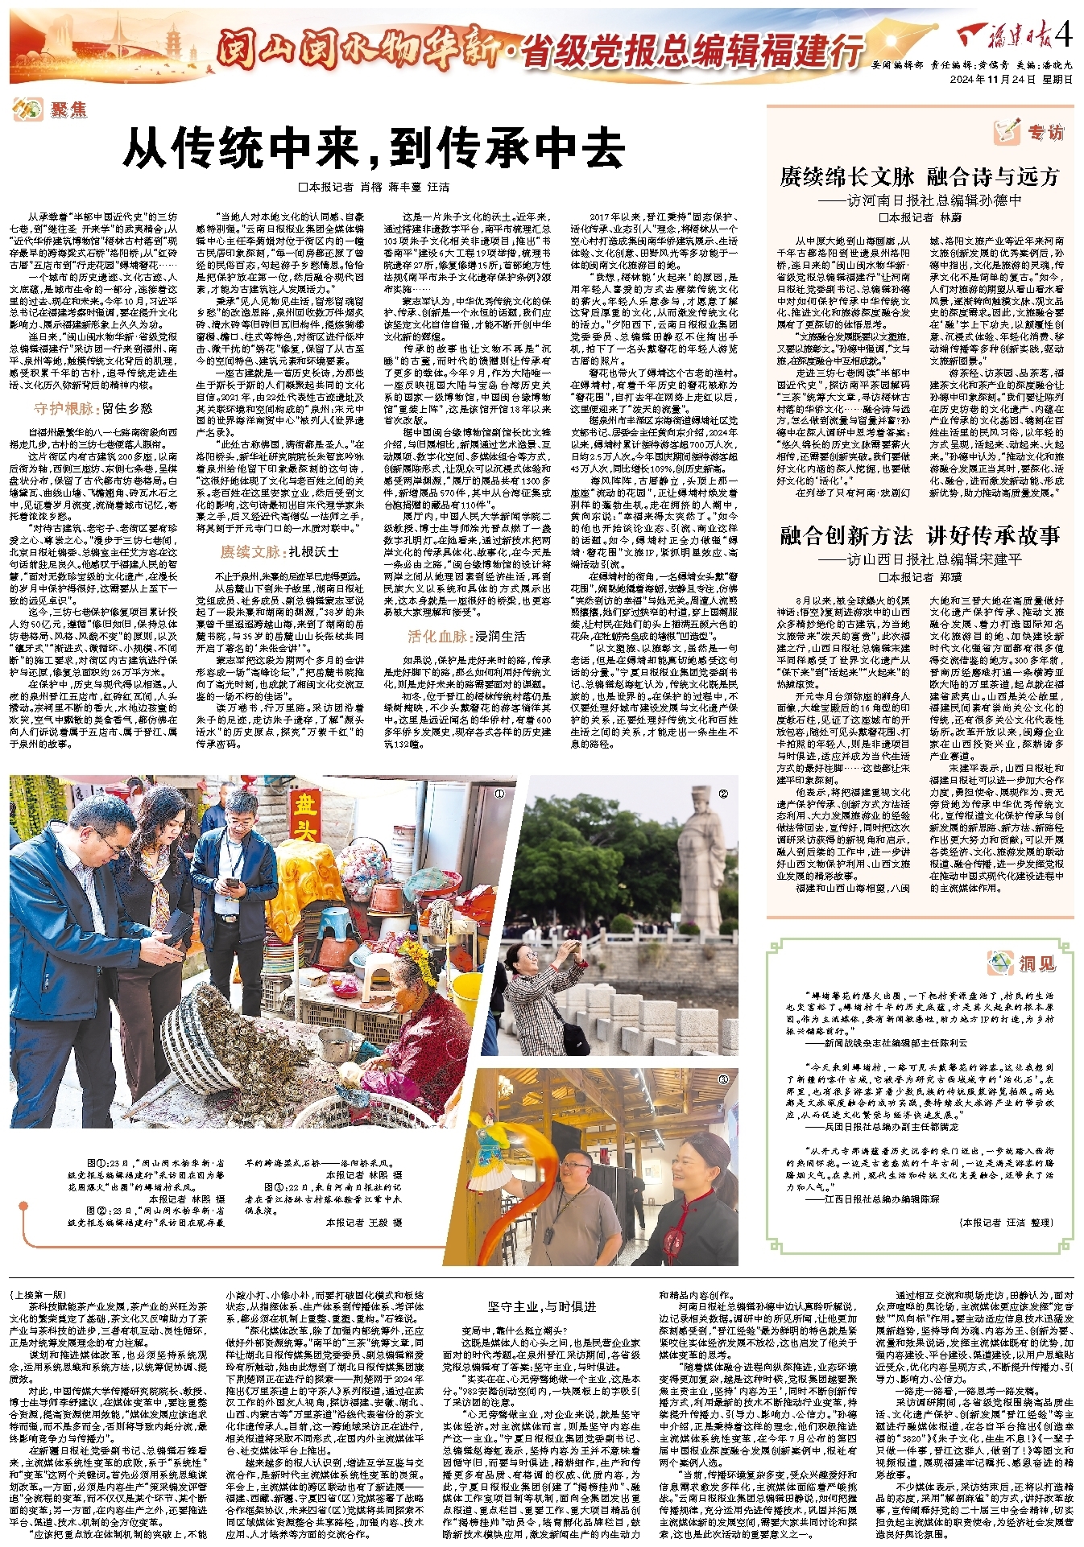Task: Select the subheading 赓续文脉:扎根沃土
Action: coord(279,552)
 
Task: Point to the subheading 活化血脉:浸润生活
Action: coord(466,636)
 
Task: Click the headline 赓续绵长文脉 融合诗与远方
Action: coord(919,176)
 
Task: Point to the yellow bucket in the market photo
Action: coord(470,997)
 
